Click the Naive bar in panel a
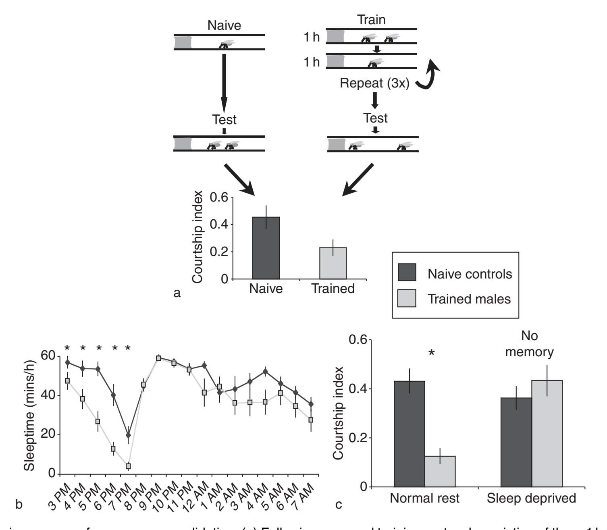(266, 248)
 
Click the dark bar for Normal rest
(410, 434)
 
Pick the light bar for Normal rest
(440, 471)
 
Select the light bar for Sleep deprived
(547, 433)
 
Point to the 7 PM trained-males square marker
(128, 466)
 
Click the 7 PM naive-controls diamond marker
(128, 435)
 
